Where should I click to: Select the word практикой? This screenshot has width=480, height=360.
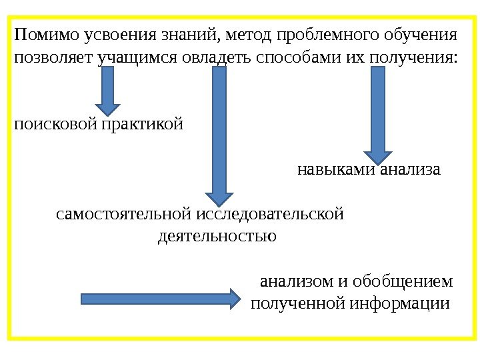click(x=142, y=124)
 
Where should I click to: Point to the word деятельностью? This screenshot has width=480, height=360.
click(x=217, y=236)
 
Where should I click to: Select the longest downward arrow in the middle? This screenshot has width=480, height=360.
click(x=218, y=133)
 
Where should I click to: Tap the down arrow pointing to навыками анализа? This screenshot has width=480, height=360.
click(x=377, y=113)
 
